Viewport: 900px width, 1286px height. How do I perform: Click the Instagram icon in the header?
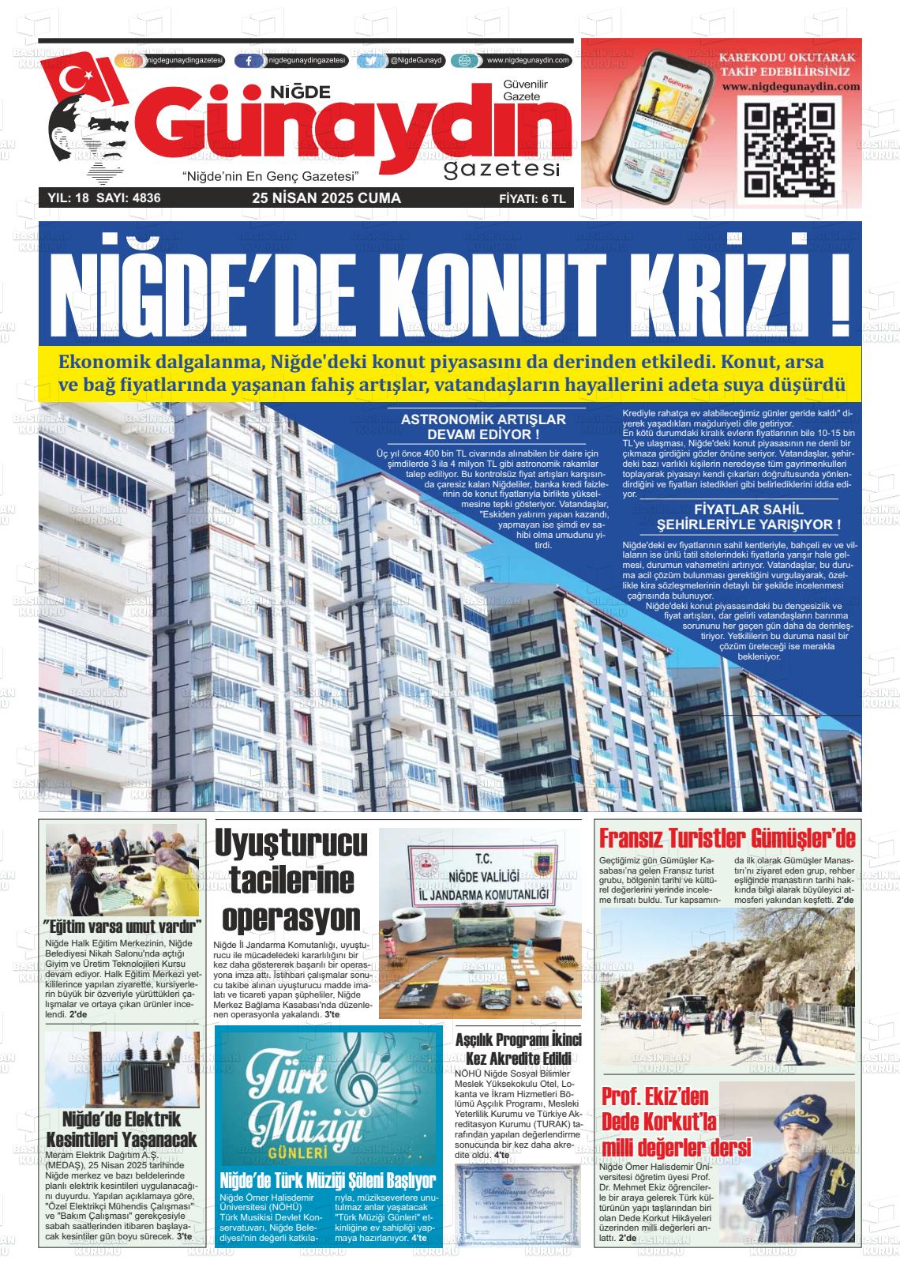(x=130, y=61)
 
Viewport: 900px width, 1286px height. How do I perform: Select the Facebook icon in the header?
(x=249, y=61)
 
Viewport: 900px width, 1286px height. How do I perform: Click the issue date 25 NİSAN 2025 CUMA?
(x=326, y=198)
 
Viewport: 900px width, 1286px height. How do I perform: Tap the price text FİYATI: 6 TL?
(x=532, y=199)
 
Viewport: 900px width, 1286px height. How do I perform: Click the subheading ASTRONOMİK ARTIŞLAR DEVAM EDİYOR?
(x=483, y=427)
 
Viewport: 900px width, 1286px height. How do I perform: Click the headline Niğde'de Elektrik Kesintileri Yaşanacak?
(x=121, y=1129)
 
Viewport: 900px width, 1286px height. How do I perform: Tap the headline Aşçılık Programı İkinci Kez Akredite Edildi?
(x=518, y=1049)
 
